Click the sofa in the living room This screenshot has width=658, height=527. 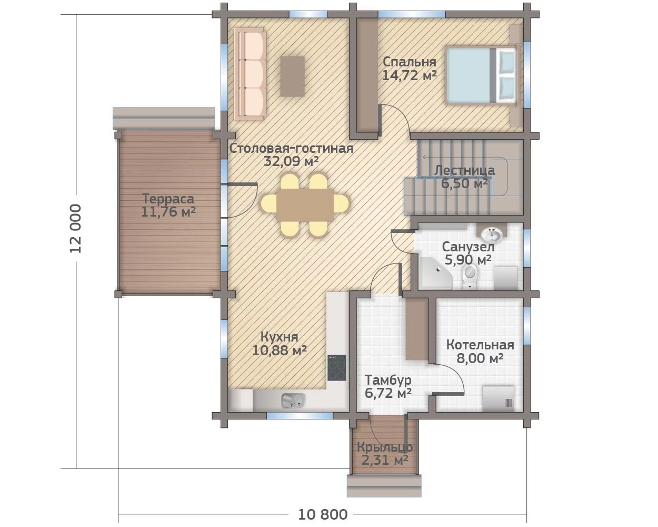coord(250,74)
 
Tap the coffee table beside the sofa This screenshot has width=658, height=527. coord(293,76)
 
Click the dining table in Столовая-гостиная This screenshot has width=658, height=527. coord(305,205)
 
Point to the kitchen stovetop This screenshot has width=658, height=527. coord(337,368)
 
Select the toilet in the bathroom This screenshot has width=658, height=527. coord(470,277)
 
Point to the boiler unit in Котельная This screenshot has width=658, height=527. coord(499,399)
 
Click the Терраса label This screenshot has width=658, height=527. coord(168,199)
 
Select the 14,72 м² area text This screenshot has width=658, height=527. coord(410,75)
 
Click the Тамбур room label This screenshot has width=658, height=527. coord(388,380)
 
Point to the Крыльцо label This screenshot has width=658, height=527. coord(385,447)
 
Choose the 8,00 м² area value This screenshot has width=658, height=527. coord(480,358)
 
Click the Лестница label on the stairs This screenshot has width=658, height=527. coord(464,170)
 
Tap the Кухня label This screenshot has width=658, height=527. coord(279,337)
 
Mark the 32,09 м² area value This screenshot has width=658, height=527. coord(291,161)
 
